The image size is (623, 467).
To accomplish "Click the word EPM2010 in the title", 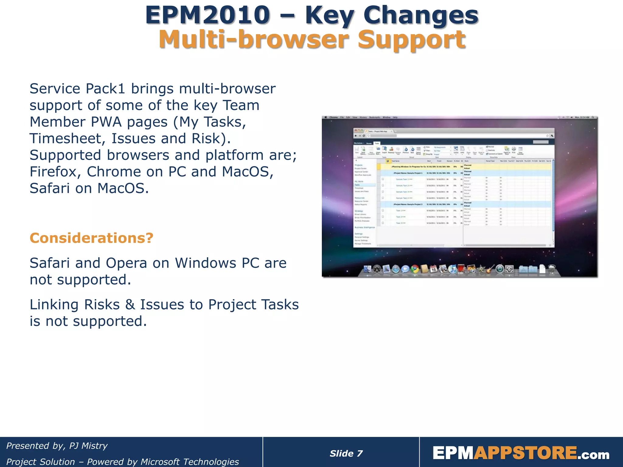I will point(207,15).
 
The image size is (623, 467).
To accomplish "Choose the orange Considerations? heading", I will point(91,238).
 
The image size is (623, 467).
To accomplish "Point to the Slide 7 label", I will point(346,454).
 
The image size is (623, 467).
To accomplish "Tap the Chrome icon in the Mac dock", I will point(415,269).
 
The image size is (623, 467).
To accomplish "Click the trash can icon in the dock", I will point(552,269).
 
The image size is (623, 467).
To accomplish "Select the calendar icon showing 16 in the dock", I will point(433,269).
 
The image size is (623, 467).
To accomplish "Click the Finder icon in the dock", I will point(367,269).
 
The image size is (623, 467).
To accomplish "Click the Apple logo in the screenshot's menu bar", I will point(326,117).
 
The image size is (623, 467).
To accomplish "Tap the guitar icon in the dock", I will point(490,269).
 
